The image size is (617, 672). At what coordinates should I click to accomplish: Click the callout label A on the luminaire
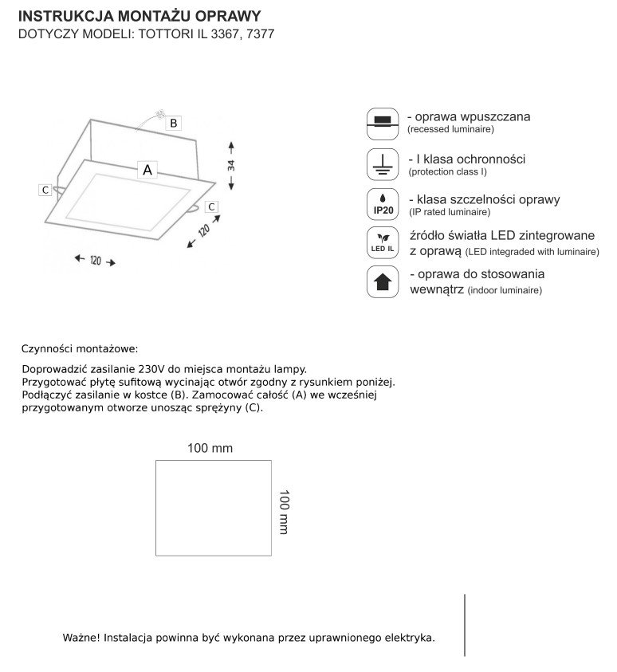click(x=148, y=169)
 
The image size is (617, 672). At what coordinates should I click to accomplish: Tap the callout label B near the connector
click(x=173, y=123)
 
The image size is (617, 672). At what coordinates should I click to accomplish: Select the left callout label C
click(x=45, y=190)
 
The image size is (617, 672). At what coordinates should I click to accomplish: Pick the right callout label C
click(x=211, y=206)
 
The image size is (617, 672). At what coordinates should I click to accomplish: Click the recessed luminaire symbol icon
click(x=383, y=120)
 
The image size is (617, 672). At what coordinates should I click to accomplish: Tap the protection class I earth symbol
click(x=383, y=163)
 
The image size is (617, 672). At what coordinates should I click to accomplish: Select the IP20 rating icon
click(x=383, y=204)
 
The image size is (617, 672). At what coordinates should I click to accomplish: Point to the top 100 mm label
click(x=210, y=448)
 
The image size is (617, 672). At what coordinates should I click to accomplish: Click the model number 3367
click(x=225, y=35)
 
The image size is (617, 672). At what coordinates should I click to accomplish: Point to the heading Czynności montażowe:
click(x=80, y=349)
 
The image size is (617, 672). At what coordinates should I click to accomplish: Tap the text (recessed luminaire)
click(x=450, y=129)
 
